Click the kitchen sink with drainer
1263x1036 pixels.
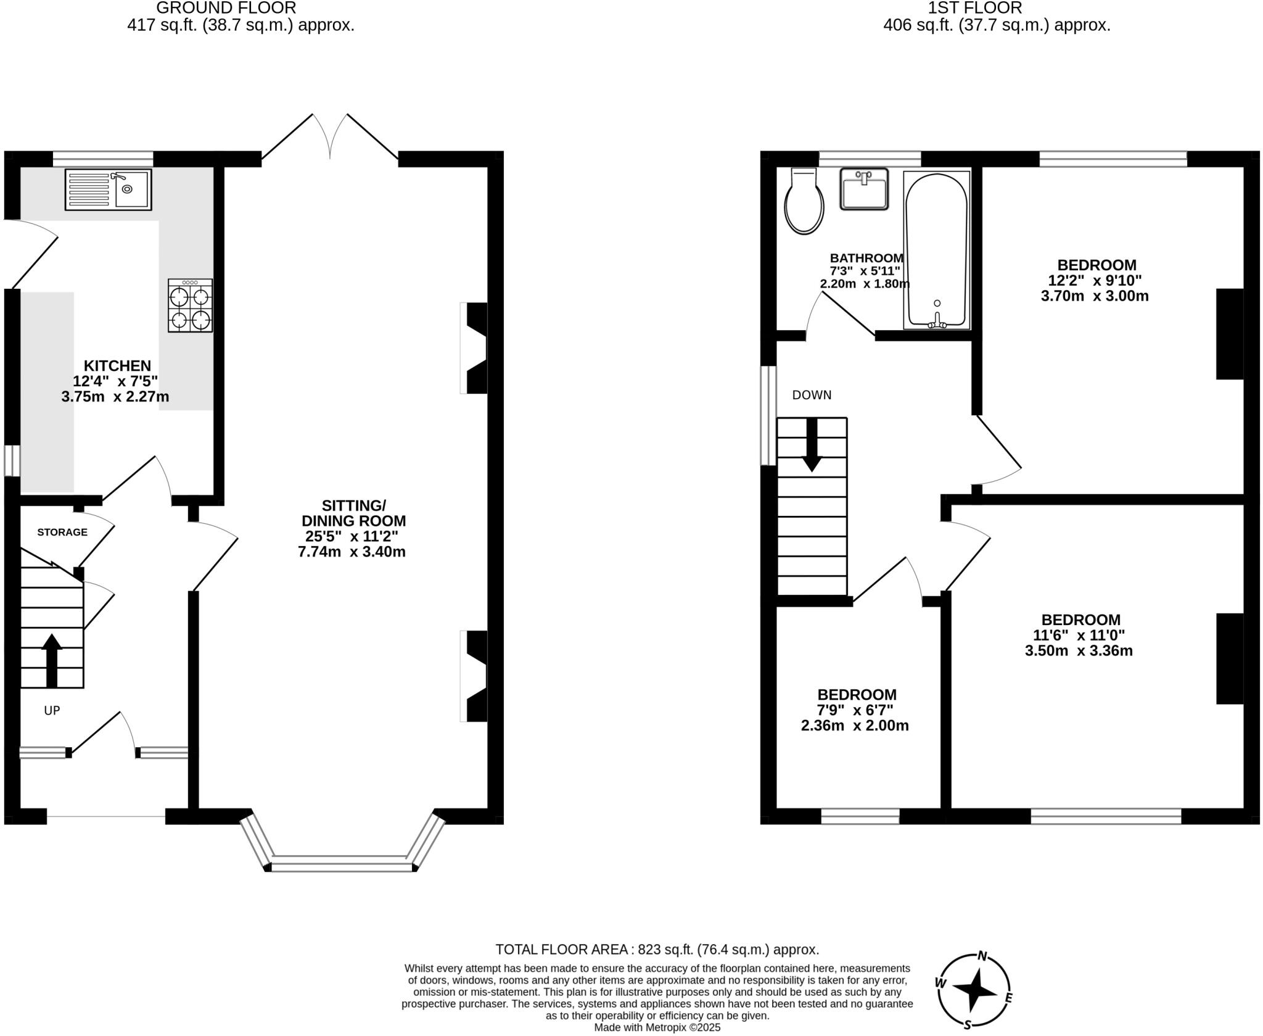tap(108, 189)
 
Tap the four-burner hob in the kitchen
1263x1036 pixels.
tap(190, 306)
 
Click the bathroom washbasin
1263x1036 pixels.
tap(864, 188)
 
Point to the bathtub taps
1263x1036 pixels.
tap(937, 321)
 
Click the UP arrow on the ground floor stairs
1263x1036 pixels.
tap(52, 660)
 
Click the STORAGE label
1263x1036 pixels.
tap(62, 532)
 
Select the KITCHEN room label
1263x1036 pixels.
tap(117, 365)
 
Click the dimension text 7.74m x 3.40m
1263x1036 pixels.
tap(352, 552)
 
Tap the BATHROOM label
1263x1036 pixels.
tap(866, 258)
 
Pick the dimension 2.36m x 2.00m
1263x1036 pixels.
tap(855, 726)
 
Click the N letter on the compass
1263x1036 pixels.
tap(982, 957)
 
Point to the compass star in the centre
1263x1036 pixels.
tap(975, 991)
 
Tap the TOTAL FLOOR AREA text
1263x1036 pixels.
tap(657, 949)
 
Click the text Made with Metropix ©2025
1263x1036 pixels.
tap(657, 1027)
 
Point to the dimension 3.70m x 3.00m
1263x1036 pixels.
tap(1095, 296)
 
